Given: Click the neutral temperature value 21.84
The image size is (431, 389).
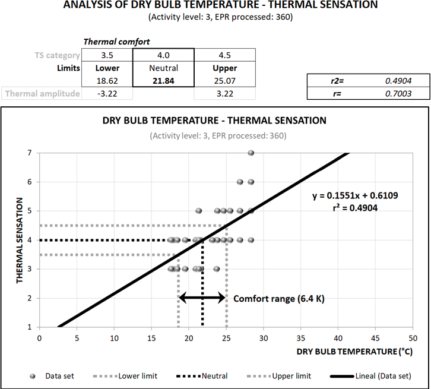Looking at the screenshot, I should pyautogui.click(x=163, y=80).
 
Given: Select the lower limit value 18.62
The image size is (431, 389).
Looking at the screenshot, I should pyautogui.click(x=107, y=80).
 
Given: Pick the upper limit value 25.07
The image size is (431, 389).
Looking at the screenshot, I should pyautogui.click(x=225, y=80).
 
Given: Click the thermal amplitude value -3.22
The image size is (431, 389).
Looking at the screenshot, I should pyautogui.click(x=107, y=93).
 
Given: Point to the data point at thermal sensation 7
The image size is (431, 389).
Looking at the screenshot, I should pyautogui.click(x=251, y=153).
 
